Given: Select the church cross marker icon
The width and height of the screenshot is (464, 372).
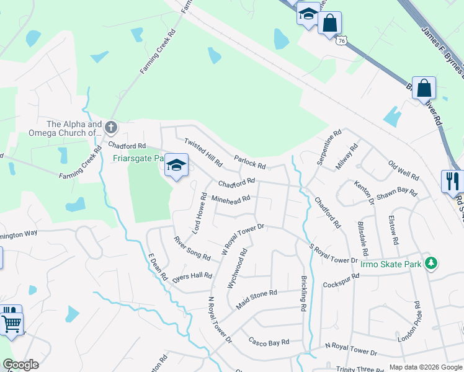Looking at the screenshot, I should coord(111,128).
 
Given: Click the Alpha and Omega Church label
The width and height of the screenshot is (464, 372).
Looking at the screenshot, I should coord(65,128).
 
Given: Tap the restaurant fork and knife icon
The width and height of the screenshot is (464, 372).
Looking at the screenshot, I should coord(452,181).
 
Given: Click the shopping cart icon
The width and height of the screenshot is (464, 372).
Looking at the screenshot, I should coord(12,324).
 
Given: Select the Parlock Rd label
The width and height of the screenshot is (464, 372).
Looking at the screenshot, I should coord(250,162).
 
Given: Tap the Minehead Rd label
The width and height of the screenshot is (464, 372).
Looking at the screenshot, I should coord(231,200).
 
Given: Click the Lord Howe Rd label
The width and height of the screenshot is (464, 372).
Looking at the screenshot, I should coord(200,213).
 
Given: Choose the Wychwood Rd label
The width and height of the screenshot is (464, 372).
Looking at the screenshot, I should coord(237,267).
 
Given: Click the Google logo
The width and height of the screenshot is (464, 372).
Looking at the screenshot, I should coord(20,365).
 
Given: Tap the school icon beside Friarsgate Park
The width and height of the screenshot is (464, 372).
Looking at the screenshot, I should coord(177,166).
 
